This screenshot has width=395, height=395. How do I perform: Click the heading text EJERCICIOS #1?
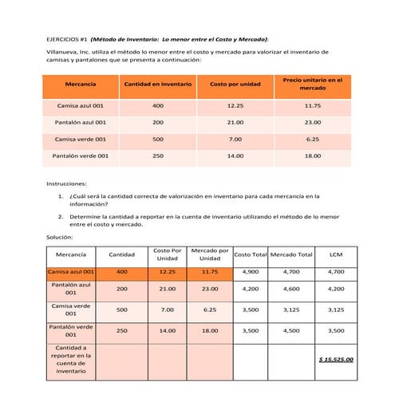[66, 39]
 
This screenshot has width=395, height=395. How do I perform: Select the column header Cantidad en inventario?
[157, 84]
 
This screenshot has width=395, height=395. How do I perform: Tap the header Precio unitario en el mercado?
[313, 84]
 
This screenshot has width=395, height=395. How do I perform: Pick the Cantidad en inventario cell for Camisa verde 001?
[157, 139]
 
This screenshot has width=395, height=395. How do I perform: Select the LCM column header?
[336, 255]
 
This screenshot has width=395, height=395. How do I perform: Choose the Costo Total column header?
[250, 255]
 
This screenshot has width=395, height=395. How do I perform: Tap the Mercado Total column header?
[291, 255]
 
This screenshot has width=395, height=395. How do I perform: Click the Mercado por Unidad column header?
[210, 255]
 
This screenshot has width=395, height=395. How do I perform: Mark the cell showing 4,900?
[250, 272]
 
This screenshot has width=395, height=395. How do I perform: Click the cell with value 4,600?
[291, 289]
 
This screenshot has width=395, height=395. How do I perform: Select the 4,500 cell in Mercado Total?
[291, 330]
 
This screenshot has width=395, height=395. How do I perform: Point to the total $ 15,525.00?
[336, 359]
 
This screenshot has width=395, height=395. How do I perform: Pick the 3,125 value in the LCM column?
[336, 310]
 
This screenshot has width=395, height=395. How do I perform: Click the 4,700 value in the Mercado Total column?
[291, 272]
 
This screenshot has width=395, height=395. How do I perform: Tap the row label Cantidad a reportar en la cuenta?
[71, 359]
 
